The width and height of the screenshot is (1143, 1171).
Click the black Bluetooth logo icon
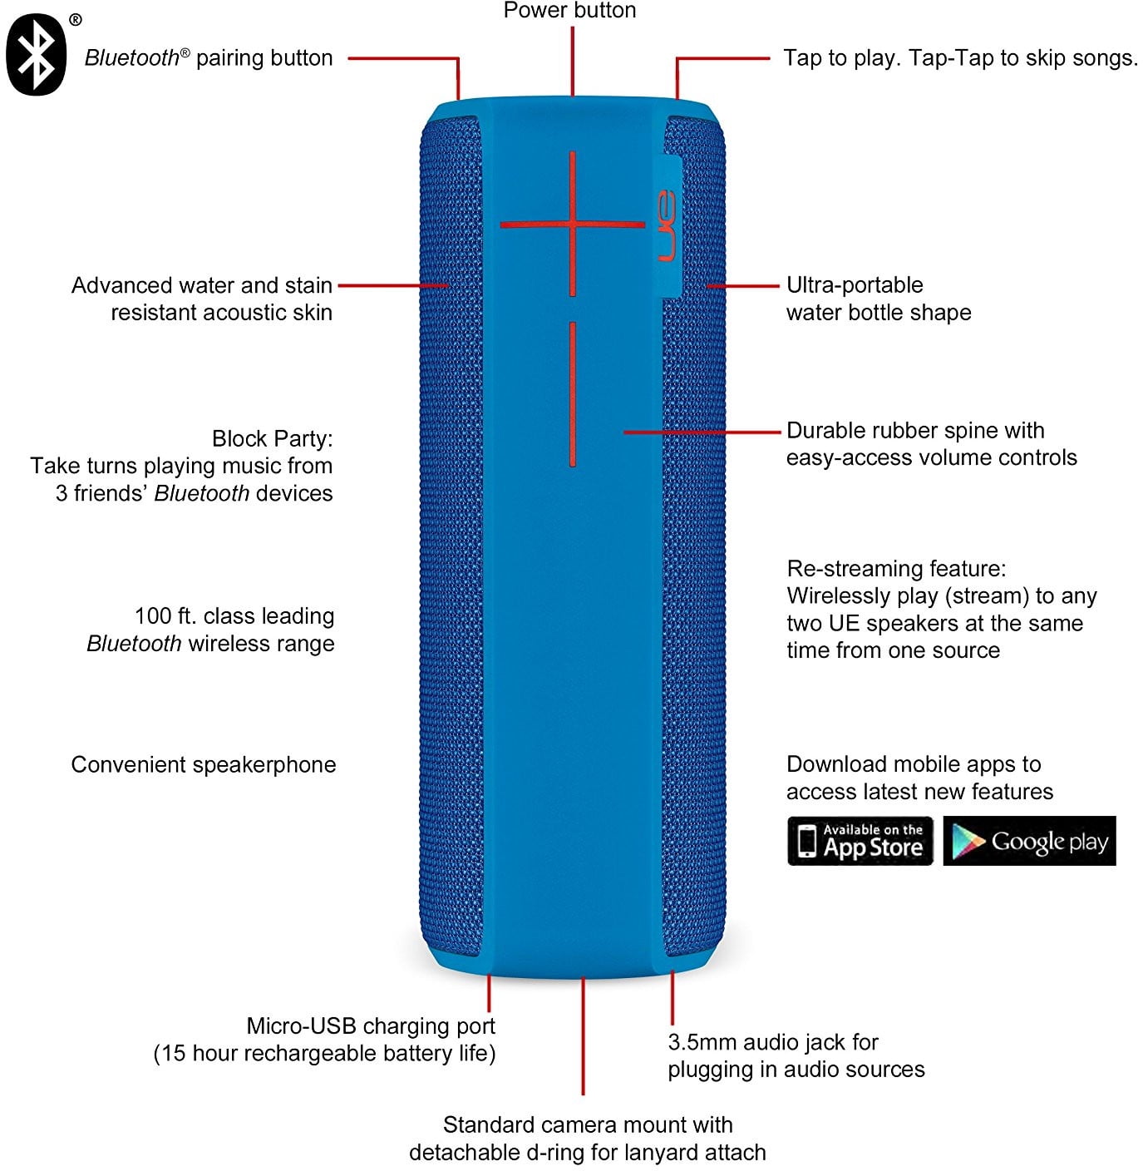click(36, 54)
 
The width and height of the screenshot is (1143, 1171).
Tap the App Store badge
click(860, 841)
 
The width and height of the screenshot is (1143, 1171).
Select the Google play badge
click(1029, 841)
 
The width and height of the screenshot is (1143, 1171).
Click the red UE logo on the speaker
click(667, 225)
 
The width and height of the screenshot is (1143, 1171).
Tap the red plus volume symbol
click(572, 224)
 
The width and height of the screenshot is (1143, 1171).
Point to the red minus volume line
click(572, 394)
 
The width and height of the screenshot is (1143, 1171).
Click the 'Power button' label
click(569, 10)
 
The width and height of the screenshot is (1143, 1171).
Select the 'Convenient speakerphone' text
click(204, 765)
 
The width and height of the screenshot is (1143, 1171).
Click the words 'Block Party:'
click(272, 438)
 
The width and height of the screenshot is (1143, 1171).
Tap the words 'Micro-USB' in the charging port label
click(302, 1026)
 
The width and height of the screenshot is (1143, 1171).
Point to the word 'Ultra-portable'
click(855, 285)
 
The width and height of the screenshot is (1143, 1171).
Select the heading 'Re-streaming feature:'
click(896, 569)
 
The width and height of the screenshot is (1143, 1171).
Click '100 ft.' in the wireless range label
click(165, 616)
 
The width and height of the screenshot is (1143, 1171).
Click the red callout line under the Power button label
click(572, 62)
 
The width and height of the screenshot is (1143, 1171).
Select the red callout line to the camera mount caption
click(583, 1036)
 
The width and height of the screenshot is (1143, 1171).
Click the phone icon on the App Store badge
click(806, 841)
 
